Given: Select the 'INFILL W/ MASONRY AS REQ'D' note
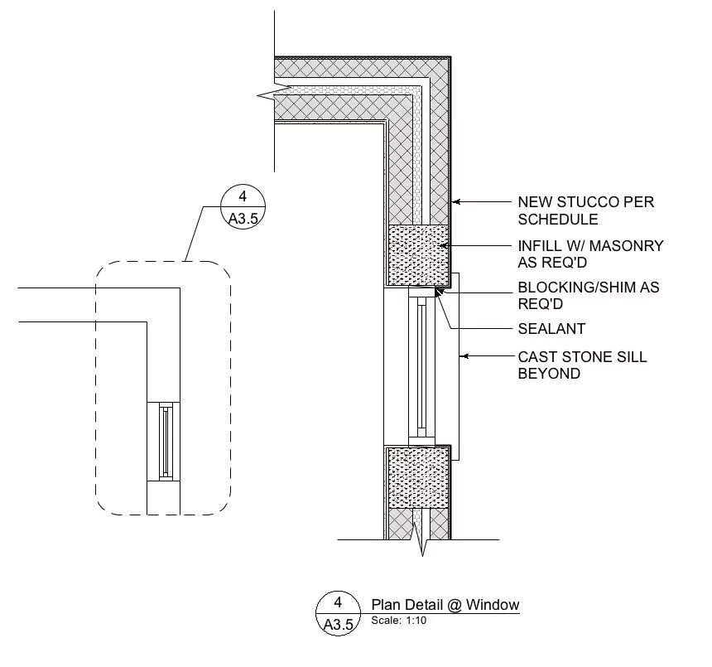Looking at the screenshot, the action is point(590,254).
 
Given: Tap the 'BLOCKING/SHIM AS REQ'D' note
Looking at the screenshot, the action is point(588,296).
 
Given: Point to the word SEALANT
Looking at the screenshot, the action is point(551,329).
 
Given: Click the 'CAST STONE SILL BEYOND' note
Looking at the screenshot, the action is point(582,365).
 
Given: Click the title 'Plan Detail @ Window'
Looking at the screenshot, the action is point(445,605).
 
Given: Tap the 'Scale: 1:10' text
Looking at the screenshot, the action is point(398,621).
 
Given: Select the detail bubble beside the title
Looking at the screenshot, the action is point(338,614).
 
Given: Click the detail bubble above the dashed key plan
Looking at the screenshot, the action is point(243,207).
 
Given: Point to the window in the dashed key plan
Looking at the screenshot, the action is point(164,442).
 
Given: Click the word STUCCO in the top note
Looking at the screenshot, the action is point(580,201).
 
